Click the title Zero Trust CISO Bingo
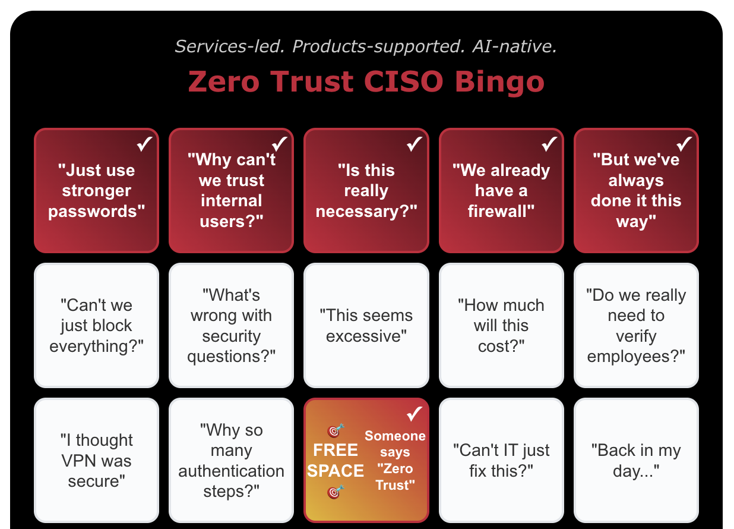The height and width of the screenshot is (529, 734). tap(366, 81)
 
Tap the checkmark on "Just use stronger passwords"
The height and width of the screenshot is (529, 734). tap(144, 144)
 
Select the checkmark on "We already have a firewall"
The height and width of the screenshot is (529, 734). tap(549, 144)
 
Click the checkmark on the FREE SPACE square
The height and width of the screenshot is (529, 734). tap(414, 413)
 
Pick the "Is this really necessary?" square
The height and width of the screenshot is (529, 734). tap(366, 191)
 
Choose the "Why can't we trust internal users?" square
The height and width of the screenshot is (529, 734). tap(231, 191)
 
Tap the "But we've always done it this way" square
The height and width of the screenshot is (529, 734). tap(636, 191)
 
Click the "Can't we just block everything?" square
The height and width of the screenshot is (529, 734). tap(96, 326)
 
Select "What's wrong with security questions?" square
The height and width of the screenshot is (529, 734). tap(231, 326)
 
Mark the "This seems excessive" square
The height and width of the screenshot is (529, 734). tap(366, 326)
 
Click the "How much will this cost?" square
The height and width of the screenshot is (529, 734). tap(501, 326)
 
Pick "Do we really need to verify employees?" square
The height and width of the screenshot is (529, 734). tap(636, 326)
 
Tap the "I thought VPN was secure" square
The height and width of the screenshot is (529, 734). tap(96, 461)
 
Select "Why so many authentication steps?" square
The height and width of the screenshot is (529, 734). tap(231, 461)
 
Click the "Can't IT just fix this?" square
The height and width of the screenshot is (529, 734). tap(501, 461)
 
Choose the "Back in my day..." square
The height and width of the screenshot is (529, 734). tap(636, 461)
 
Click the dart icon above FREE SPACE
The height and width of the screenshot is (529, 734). tap(336, 430)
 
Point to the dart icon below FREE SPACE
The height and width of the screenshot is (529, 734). tap(336, 492)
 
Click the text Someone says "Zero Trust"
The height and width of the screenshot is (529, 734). tap(395, 461)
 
